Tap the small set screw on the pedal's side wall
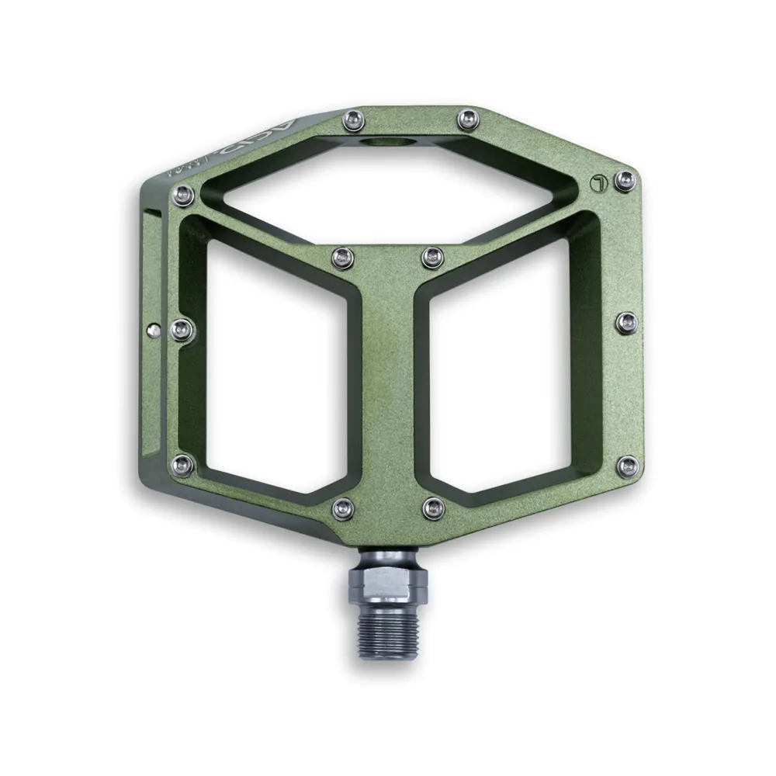(x=152, y=328)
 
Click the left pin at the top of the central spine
(x=341, y=255)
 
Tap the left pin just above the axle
(x=341, y=508)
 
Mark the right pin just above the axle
(x=432, y=508)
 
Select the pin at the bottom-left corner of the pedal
(x=182, y=465)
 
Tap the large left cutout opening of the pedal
(x=275, y=365)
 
